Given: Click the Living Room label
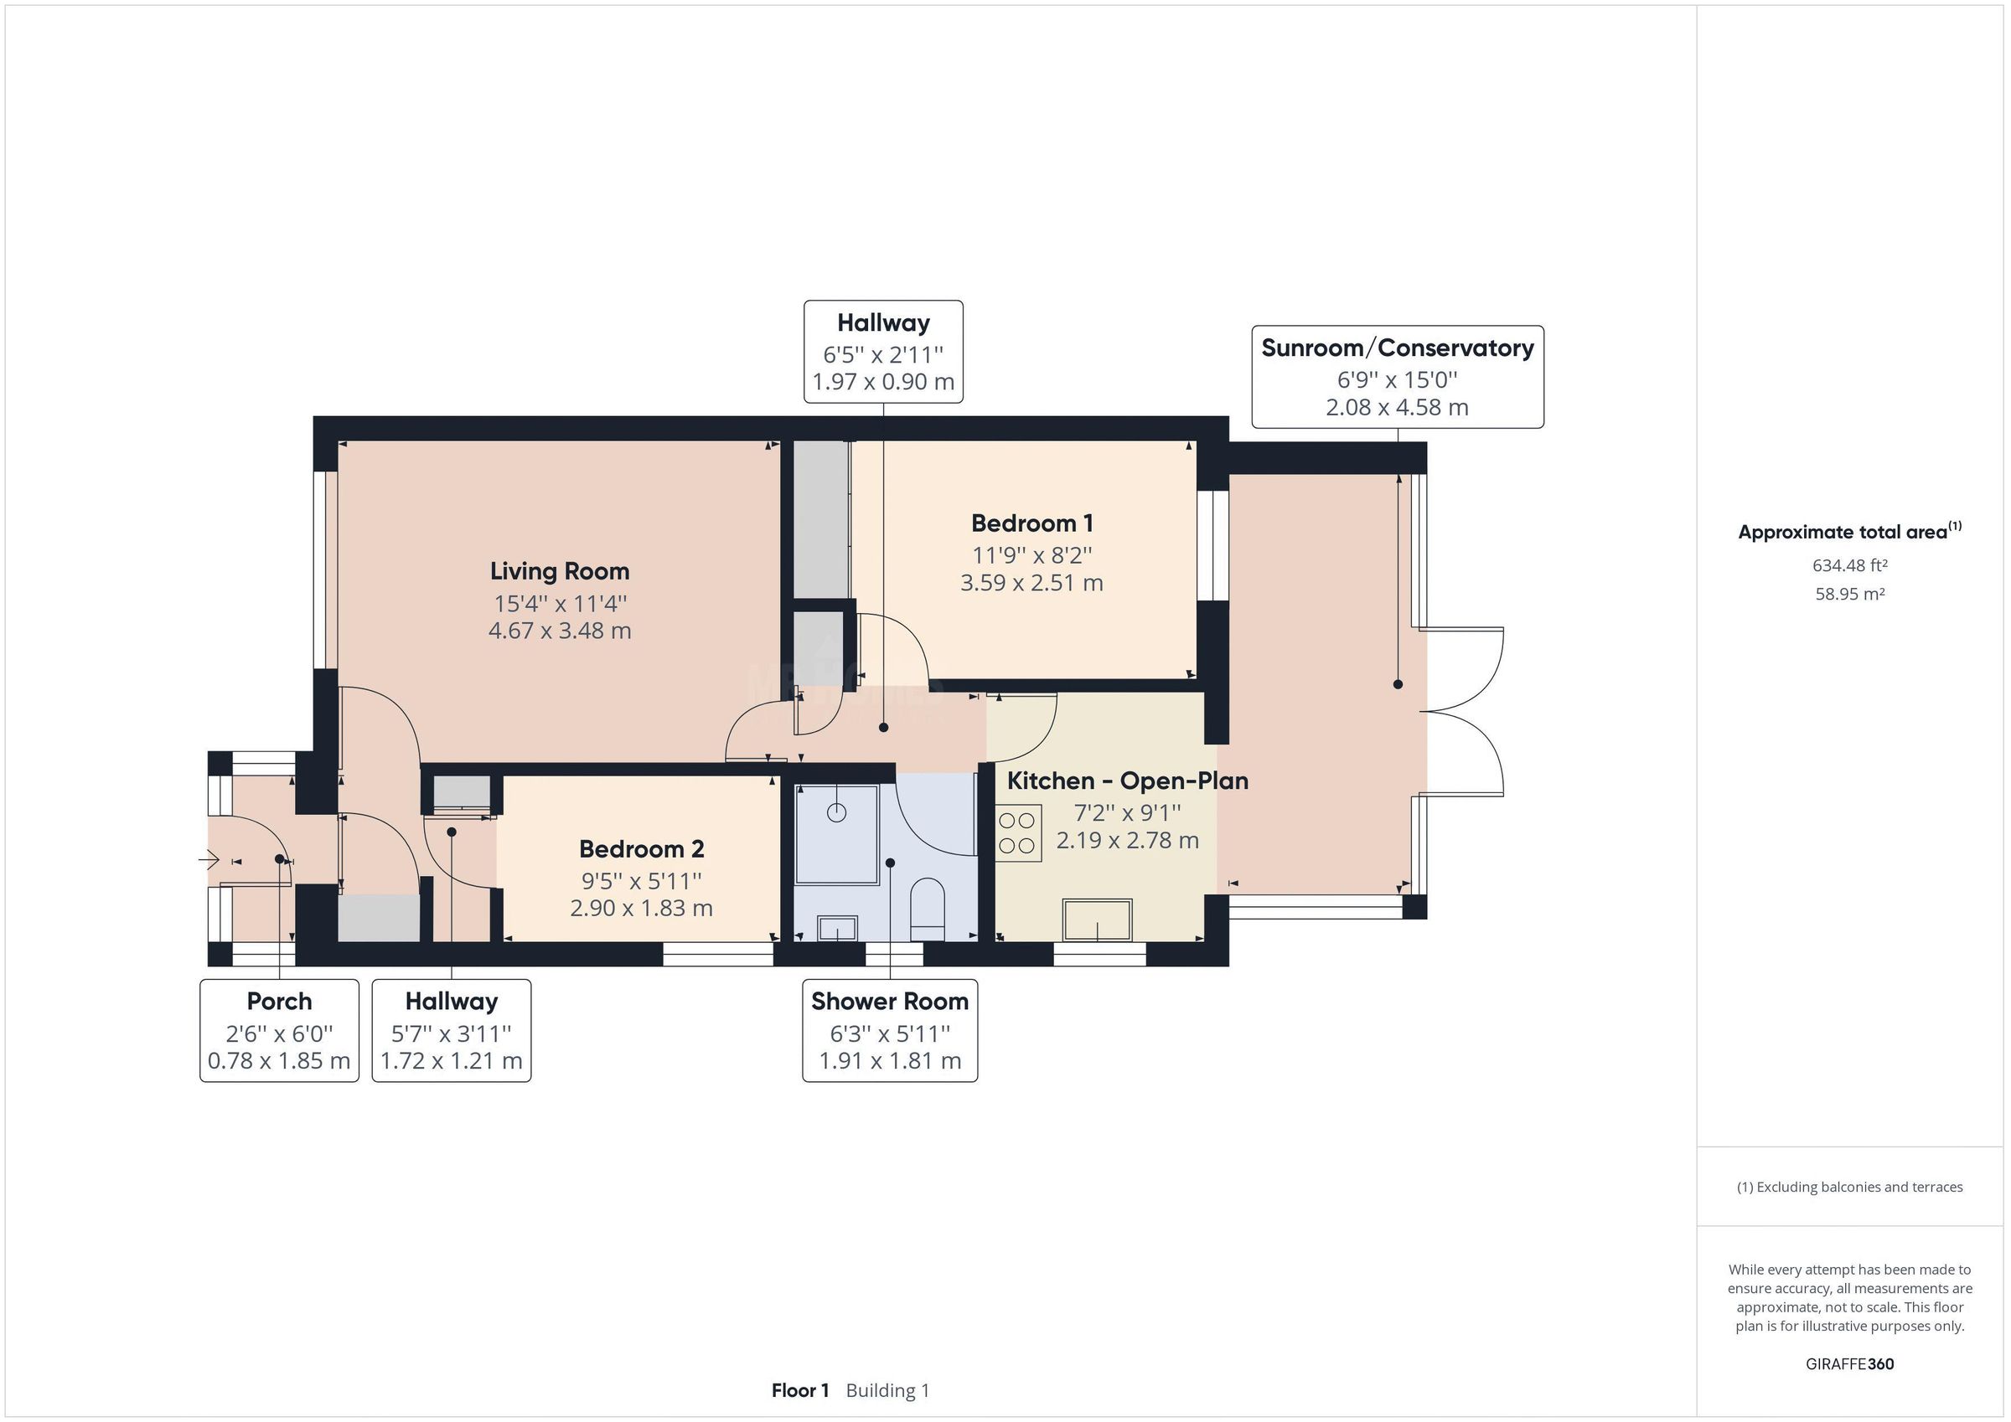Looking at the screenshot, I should (560, 571).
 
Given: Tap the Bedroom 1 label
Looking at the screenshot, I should (1031, 523).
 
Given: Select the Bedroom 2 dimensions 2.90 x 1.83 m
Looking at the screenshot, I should (641, 908).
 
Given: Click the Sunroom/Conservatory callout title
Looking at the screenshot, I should (1397, 348).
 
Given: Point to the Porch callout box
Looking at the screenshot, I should (279, 1030).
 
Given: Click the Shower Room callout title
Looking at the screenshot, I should (890, 1001).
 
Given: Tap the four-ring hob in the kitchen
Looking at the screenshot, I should (1018, 832).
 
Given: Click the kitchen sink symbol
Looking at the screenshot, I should (1098, 920).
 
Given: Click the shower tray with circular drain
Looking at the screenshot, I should (836, 833).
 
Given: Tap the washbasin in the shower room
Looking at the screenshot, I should (836, 928).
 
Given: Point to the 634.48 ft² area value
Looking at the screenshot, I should (1850, 565).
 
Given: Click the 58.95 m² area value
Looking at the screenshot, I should (1850, 594).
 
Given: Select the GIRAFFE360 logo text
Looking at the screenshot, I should (1850, 1363).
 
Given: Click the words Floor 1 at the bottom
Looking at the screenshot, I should (799, 1390).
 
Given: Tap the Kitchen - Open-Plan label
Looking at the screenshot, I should (1127, 781).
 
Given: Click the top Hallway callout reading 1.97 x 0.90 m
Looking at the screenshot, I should (883, 382).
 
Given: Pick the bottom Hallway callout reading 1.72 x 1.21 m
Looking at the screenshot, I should (451, 1060).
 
